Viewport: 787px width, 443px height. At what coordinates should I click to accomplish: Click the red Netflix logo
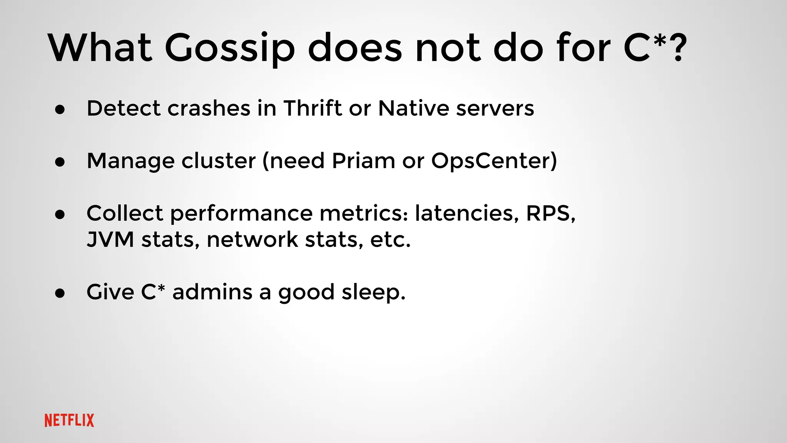pos(69,420)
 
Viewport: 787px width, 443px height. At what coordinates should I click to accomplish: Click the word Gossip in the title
pos(230,48)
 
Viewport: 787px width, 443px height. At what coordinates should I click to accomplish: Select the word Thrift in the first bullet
pos(312,108)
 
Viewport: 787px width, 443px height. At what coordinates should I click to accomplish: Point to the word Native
pos(413,108)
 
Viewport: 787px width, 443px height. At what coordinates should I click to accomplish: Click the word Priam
pos(363,161)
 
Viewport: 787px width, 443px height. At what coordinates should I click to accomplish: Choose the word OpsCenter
pos(493,161)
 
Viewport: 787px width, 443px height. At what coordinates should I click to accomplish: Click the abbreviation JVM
pos(110,240)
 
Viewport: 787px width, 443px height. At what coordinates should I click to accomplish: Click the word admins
pos(212,292)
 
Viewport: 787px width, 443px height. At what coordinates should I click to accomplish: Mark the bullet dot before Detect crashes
pos(60,110)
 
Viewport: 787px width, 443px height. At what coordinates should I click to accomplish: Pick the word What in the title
pos(100,48)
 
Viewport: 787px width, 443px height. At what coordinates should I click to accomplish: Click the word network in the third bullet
pos(252,240)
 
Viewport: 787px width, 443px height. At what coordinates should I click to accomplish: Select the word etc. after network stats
pos(390,240)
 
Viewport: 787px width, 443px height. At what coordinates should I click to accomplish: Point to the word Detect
pos(123,108)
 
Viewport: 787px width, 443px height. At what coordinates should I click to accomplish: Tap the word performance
pos(241,214)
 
